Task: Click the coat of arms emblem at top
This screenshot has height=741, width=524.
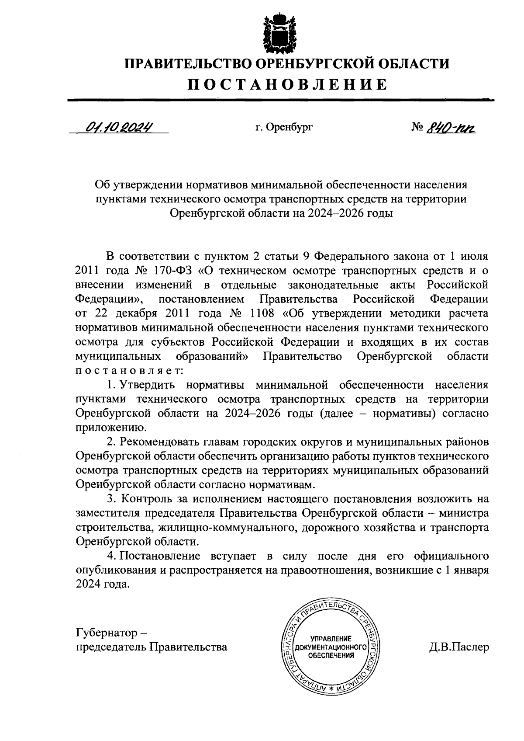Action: [x=279, y=31]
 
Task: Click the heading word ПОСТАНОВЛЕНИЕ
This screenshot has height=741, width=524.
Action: [x=287, y=84]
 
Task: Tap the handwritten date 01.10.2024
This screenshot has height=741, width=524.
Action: [x=119, y=127]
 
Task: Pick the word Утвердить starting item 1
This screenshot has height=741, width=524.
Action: [x=148, y=385]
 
